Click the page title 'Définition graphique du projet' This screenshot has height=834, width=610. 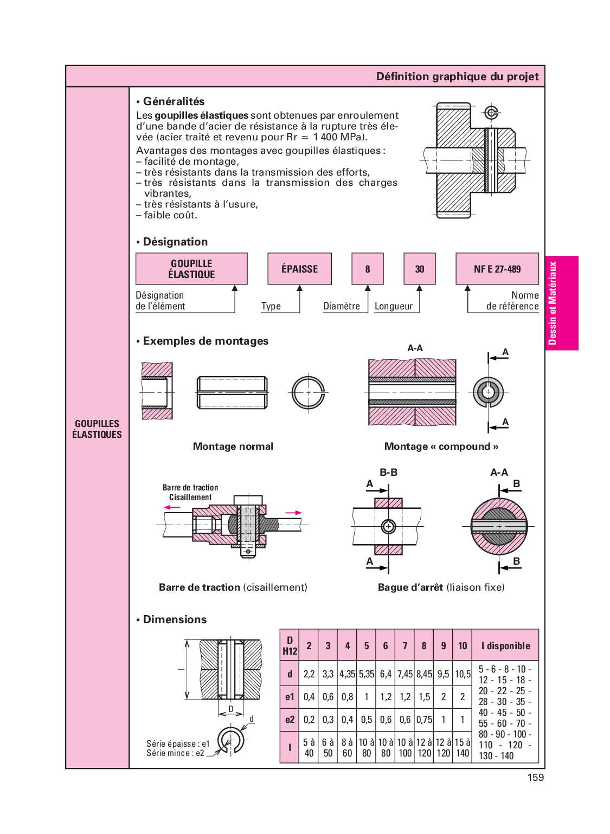pos(457,76)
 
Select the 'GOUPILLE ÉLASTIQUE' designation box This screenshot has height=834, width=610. pos(191,269)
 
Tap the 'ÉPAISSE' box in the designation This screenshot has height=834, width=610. pos(299,269)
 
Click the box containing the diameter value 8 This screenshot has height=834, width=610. pos(368,269)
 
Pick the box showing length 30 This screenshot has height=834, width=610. pos(420,269)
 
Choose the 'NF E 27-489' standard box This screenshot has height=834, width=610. pos(497,269)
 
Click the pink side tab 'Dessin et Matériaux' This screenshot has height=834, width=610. pos(561,303)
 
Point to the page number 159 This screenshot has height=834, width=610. pos(535,778)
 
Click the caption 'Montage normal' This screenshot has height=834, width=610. pos(233,447)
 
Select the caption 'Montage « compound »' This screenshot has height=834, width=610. pos(441,447)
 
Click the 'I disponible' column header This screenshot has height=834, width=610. pos(505,645)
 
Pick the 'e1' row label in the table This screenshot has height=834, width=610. pos(290,697)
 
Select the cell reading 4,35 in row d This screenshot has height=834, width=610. pos(347,674)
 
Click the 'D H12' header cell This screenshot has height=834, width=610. pos(290,645)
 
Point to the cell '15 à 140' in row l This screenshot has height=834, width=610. pos(463,748)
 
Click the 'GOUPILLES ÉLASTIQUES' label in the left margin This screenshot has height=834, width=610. pos(98,429)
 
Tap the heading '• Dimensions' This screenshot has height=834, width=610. pos(174,619)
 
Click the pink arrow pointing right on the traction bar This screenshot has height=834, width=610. pos(293,513)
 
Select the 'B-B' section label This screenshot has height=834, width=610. pos(388,473)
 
